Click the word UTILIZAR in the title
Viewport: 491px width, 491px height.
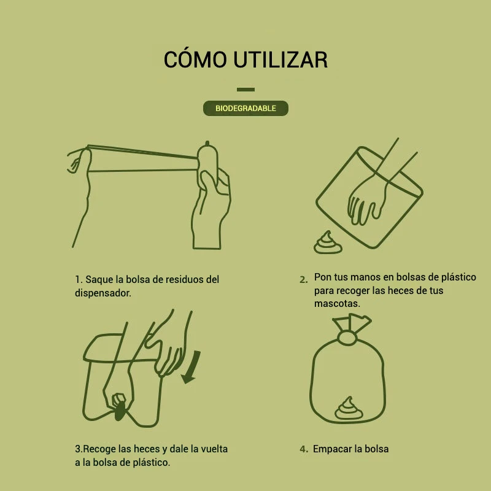281,60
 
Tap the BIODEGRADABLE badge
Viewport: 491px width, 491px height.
245,109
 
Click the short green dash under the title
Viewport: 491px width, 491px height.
245,90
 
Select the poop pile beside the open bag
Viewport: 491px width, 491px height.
328,242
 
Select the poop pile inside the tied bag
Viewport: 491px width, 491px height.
349,409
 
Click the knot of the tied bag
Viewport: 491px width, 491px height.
347,339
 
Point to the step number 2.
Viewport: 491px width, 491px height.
303,279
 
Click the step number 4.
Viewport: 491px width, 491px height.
303,449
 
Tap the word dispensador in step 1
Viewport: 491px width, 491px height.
102,293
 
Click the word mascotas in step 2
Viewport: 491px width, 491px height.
337,303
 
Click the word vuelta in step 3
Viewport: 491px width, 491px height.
214,449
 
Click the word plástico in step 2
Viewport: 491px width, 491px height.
458,277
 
